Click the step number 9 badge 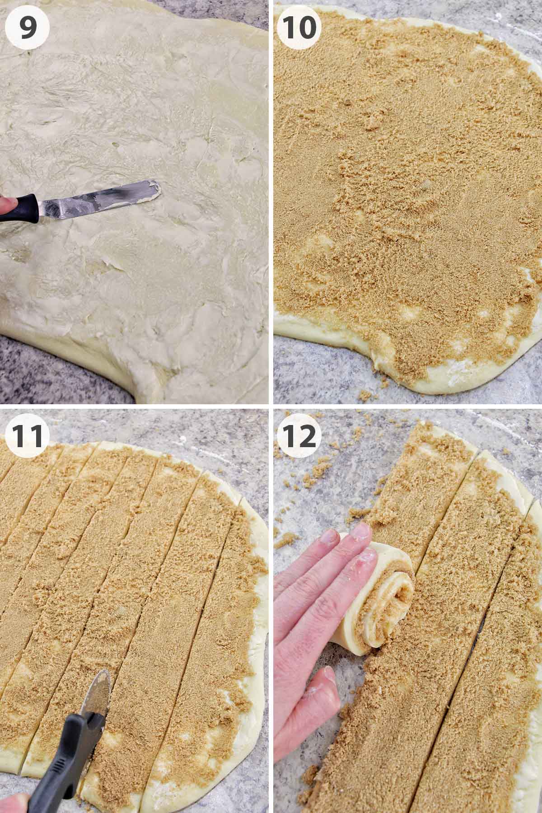pos(28,28)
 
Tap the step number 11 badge pos(28,435)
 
